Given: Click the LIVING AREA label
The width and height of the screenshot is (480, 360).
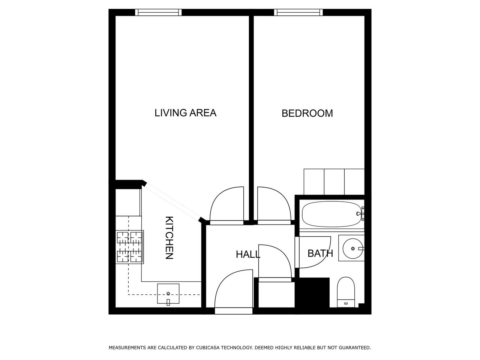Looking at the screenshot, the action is point(185,113).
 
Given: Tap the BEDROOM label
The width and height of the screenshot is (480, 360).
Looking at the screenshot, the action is point(307,114).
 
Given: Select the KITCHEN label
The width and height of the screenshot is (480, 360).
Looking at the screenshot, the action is point(169,238).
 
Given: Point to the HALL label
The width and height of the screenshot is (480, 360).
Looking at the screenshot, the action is point(248,254).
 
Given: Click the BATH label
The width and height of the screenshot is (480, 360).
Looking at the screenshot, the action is point(320,253).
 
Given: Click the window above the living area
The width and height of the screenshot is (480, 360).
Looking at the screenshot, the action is point(158,12).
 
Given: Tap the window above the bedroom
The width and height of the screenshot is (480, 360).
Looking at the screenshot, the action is point(298,12).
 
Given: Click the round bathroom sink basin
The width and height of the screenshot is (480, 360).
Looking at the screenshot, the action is point(352,249).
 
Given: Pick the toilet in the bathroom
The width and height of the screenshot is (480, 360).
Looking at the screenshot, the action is point(346,292).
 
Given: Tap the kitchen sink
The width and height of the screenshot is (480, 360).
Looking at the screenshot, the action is point(168,294).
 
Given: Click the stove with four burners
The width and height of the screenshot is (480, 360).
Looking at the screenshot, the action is point(129,247).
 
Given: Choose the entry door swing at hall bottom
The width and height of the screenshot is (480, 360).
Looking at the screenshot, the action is point(234,289).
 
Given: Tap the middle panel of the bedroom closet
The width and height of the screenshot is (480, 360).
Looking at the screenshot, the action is point(334,181).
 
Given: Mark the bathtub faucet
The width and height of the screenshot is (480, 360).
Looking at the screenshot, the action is point(360,213).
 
